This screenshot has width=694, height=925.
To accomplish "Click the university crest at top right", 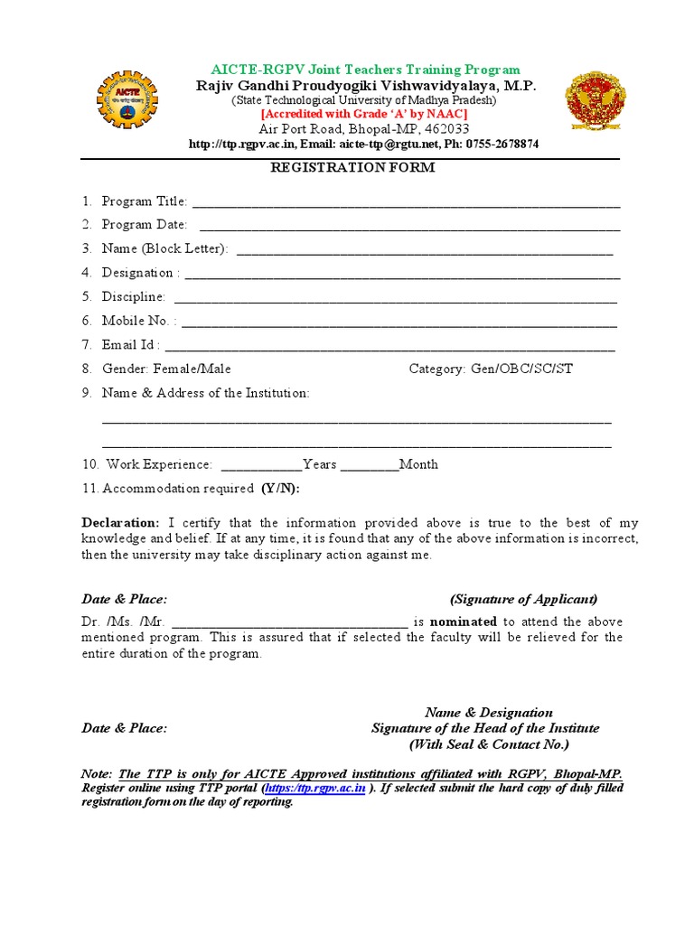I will tap(594, 101).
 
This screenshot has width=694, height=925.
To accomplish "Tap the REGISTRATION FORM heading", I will tap(353, 168).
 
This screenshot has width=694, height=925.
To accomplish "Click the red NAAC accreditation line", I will tap(364, 115).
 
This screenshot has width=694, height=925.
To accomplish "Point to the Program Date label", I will tap(145, 225).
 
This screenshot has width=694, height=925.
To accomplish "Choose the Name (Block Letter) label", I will tap(164, 248).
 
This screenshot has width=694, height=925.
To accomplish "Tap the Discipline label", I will tap(134, 296).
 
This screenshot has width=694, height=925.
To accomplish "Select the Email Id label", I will tap(131, 344).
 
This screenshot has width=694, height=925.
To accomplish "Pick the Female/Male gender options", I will tap(192, 369).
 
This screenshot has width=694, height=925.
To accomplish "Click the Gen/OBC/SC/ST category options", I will tap(521, 369).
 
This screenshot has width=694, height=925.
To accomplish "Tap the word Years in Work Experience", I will tap(320, 464).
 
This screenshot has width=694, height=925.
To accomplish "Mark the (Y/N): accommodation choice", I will tap(280, 489).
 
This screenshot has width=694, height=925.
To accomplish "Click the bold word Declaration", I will tap(120, 523).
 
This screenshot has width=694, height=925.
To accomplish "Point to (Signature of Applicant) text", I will tap(524, 599).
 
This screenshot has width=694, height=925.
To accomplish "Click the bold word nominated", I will tap(464, 621).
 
